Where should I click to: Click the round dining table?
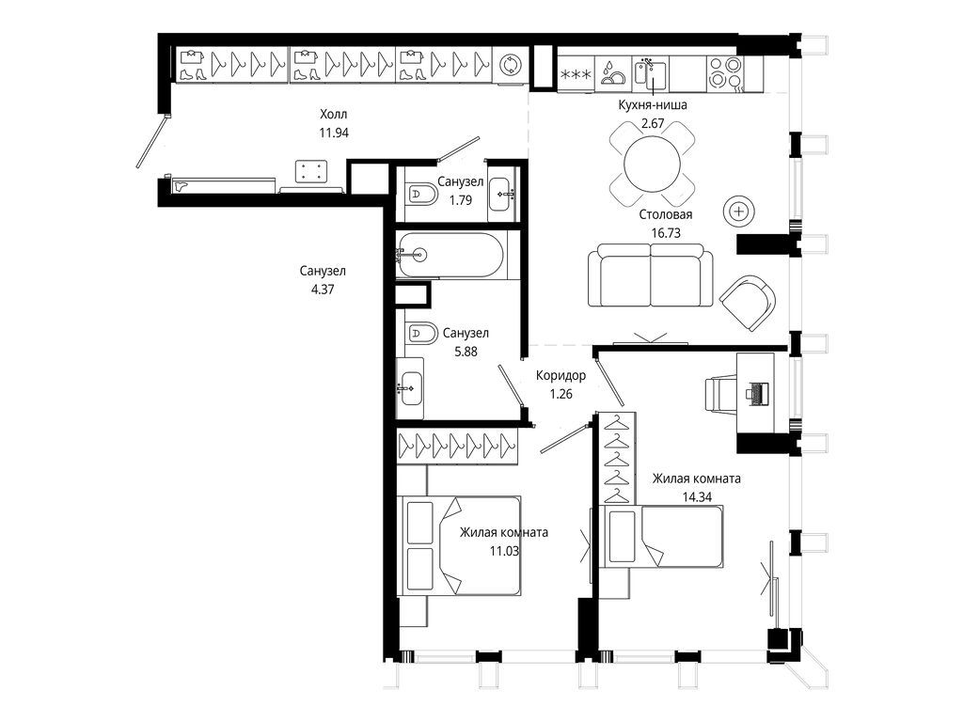(x=652, y=165)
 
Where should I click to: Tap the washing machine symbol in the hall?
(x=510, y=65)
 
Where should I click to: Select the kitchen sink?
(x=649, y=73)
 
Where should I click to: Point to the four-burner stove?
(x=725, y=73)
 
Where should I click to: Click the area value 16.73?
(x=666, y=233)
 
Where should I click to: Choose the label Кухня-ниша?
(x=653, y=105)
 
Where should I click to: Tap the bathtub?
(x=450, y=255)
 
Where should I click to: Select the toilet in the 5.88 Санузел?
(x=420, y=334)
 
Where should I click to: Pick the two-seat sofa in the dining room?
(x=651, y=275)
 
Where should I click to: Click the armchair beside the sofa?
(x=748, y=303)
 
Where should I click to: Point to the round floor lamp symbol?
(x=739, y=212)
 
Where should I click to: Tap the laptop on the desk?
(x=757, y=392)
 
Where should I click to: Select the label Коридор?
(x=560, y=375)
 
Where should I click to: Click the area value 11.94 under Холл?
(x=334, y=132)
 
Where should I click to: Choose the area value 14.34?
(x=697, y=496)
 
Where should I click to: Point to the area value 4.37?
(x=323, y=290)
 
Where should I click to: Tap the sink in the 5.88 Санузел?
(x=410, y=388)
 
